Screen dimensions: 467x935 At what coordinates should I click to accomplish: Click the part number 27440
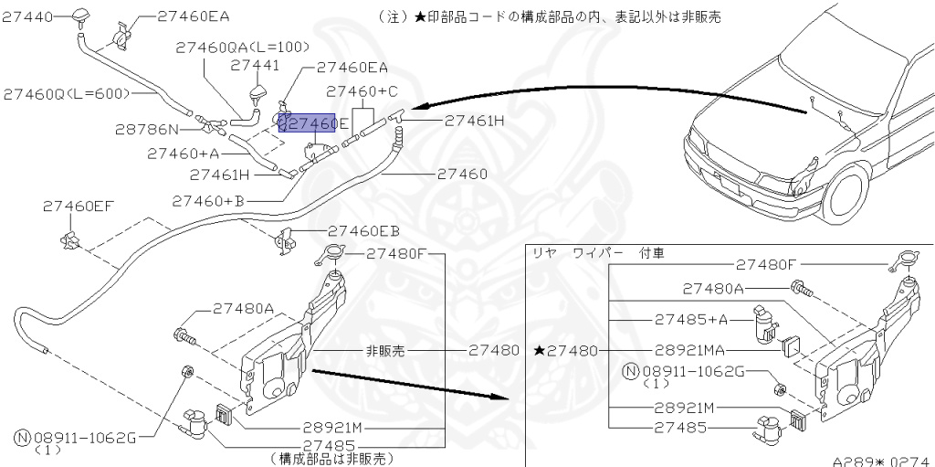click(x=28, y=16)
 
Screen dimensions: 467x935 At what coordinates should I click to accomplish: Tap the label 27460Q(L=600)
click(x=66, y=93)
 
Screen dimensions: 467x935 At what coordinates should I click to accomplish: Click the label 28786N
click(x=147, y=130)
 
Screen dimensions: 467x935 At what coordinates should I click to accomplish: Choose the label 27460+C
click(x=362, y=91)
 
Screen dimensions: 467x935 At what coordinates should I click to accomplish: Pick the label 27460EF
click(x=78, y=207)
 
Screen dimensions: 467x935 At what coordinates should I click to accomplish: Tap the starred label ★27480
click(x=566, y=350)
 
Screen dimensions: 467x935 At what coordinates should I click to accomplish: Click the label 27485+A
click(x=691, y=320)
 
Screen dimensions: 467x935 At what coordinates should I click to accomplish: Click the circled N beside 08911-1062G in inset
click(x=629, y=371)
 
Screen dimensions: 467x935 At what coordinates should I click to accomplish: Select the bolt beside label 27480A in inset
click(x=801, y=290)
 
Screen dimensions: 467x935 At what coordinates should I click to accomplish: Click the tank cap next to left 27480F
click(x=334, y=256)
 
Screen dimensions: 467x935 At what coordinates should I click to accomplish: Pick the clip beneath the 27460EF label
click(x=70, y=241)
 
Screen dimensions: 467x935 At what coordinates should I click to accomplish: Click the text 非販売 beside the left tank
click(x=384, y=350)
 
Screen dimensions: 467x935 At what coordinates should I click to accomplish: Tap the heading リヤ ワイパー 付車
click(x=597, y=252)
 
